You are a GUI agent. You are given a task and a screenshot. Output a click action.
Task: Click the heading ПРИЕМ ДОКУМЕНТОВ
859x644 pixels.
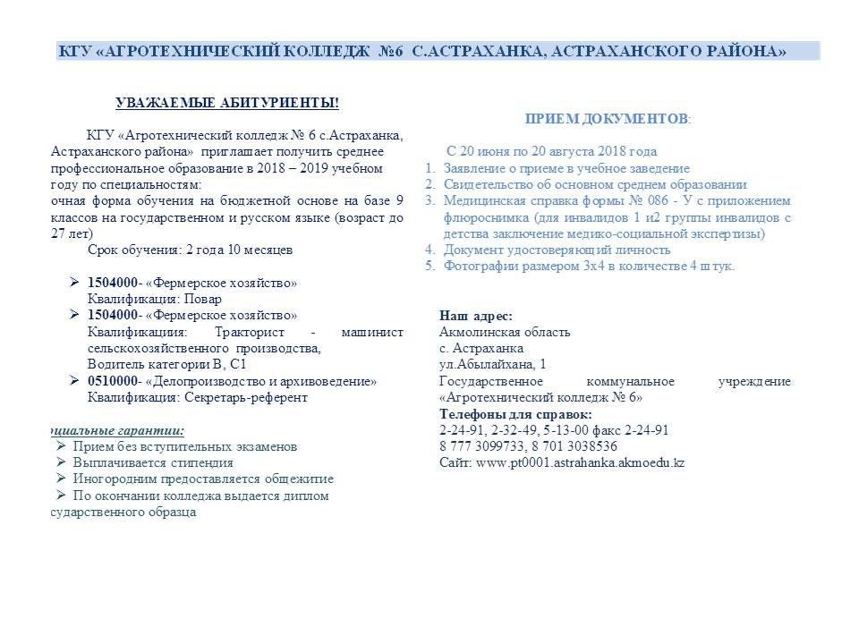[x=607, y=119]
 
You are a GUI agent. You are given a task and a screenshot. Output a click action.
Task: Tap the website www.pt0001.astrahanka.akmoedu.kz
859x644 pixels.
[x=581, y=462]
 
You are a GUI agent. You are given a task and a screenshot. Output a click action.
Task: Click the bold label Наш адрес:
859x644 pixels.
[x=476, y=316]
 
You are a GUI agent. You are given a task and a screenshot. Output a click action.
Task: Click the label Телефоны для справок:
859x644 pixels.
[x=515, y=414]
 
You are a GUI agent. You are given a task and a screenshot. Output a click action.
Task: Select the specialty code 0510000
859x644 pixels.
[x=113, y=381]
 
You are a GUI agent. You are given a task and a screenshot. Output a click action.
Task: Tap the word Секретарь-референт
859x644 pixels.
[x=245, y=397]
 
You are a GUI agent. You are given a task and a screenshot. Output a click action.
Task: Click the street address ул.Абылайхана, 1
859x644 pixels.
[x=492, y=364]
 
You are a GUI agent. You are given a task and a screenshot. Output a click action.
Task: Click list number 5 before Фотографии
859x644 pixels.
[x=430, y=266]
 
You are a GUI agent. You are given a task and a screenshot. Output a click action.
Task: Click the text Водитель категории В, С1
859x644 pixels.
[x=166, y=364]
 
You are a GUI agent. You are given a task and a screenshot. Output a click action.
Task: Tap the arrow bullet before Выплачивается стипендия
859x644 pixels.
[x=61, y=462]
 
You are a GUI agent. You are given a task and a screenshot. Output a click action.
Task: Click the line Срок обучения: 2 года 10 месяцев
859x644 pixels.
[x=190, y=250]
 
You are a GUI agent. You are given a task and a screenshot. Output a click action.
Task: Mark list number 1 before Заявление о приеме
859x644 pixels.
[x=430, y=168]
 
